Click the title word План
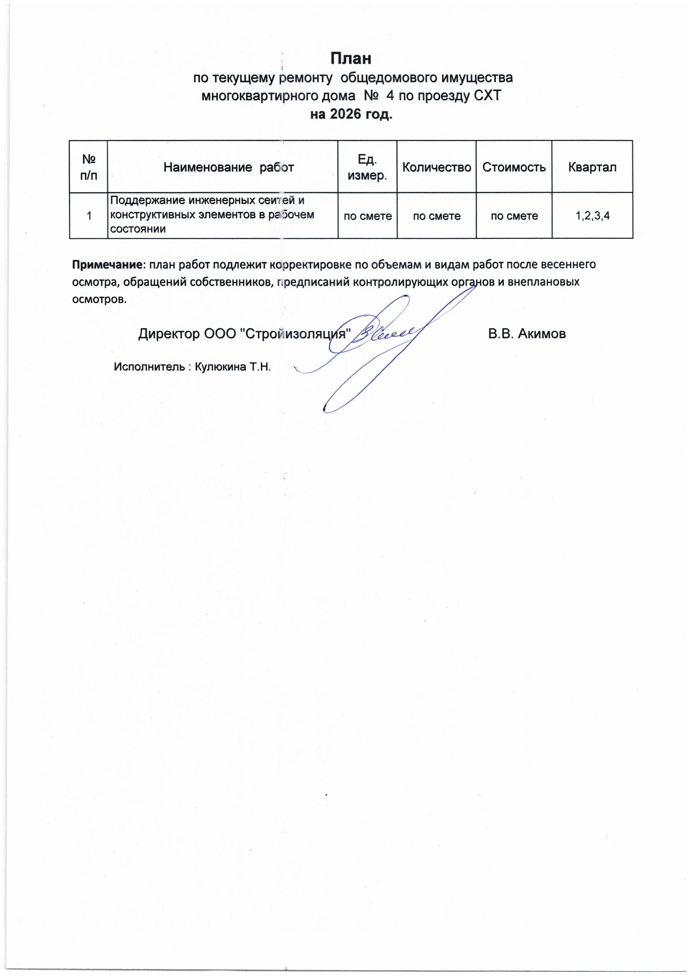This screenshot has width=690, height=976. (351, 58)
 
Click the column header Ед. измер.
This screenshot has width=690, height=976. (367, 167)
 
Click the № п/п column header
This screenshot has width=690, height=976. (88, 167)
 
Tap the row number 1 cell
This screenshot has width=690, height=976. (89, 216)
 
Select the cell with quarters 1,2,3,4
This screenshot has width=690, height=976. (593, 216)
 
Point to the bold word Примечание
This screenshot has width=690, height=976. (108, 264)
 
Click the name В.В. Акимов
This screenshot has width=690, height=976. (527, 334)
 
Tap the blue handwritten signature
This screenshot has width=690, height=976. (383, 340)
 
